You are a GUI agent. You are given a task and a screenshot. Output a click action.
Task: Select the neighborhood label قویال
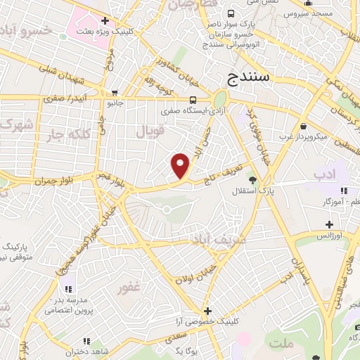(150, 131)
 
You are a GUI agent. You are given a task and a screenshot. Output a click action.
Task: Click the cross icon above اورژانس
(328, 225)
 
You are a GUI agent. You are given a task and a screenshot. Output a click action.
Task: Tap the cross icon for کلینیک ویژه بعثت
(105, 21)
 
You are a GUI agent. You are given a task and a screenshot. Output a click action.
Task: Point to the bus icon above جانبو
(115, 91)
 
